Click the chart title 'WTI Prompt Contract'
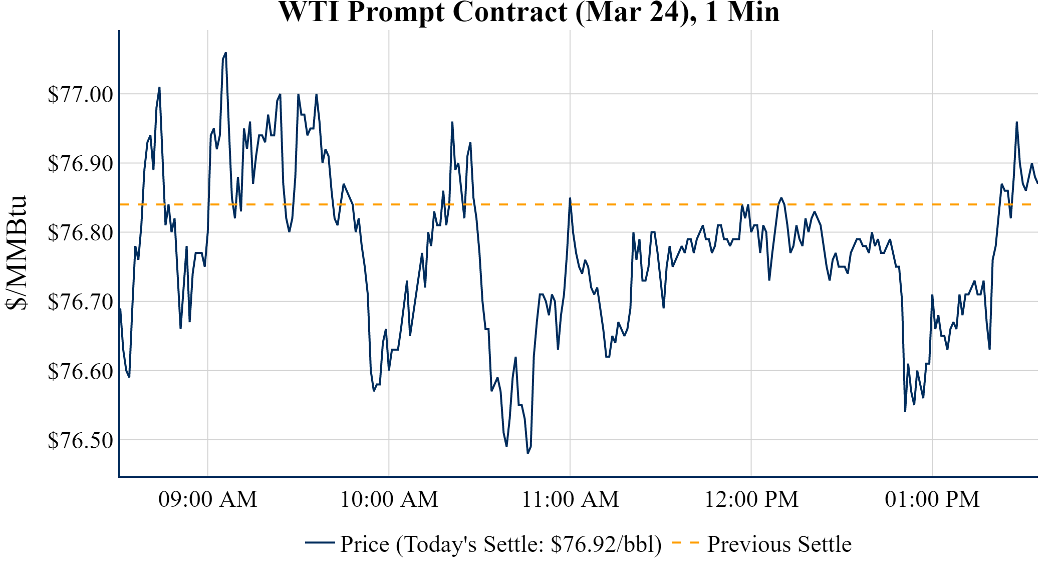pyautogui.click(x=528, y=12)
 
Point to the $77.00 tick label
pyautogui.click(x=80, y=94)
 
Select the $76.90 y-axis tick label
pyautogui.click(x=80, y=163)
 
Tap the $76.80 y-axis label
pyautogui.click(x=80, y=232)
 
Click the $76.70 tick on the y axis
pyautogui.click(x=80, y=302)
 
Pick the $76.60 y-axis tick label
pyautogui.click(x=80, y=371)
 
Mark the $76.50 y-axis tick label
pyautogui.click(x=80, y=440)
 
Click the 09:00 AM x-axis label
pyautogui.click(x=208, y=499)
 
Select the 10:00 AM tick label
pyautogui.click(x=389, y=499)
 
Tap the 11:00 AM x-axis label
pyautogui.click(x=570, y=499)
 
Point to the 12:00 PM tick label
pyautogui.click(x=751, y=499)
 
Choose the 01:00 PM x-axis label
pyautogui.click(x=932, y=499)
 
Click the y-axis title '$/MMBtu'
pyautogui.click(x=16, y=253)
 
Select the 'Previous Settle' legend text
pyautogui.click(x=779, y=544)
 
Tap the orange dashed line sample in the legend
pyautogui.click(x=685, y=543)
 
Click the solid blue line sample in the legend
pyautogui.click(x=320, y=543)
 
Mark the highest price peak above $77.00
pyautogui.click(x=225, y=53)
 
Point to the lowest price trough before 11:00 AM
pyautogui.click(x=527, y=453)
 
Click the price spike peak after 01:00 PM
pyautogui.click(x=1016, y=122)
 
